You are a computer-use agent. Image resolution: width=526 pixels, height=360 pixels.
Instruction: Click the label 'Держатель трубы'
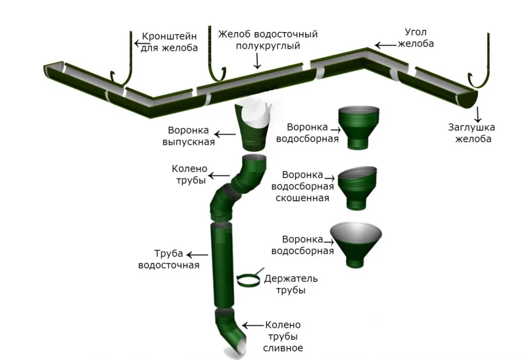pos(285,284)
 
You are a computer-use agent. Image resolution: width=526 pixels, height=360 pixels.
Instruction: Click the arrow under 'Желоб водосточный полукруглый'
pos(258,61)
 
